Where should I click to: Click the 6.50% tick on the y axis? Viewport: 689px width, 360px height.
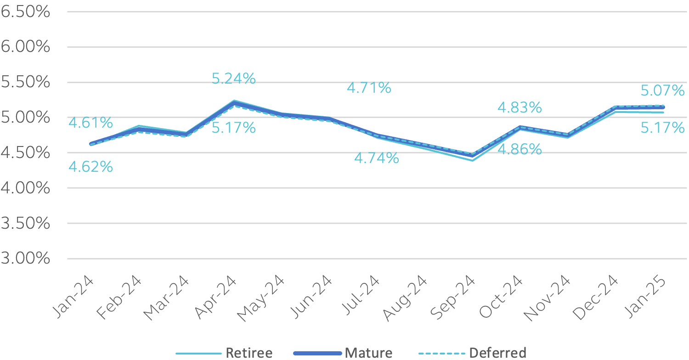click(x=25, y=12)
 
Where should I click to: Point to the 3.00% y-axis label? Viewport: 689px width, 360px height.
click(x=25, y=259)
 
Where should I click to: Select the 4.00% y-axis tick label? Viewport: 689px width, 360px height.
click(x=25, y=188)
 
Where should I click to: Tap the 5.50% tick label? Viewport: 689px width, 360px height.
click(x=25, y=83)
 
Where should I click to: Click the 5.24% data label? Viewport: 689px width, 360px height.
click(x=233, y=79)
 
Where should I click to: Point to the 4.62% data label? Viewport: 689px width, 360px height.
click(x=90, y=167)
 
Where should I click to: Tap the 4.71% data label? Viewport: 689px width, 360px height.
click(x=369, y=87)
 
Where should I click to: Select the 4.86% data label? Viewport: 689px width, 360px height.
click(x=520, y=149)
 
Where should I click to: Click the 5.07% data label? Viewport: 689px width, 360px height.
click(x=662, y=91)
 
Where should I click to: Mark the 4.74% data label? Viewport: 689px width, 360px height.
click(x=376, y=158)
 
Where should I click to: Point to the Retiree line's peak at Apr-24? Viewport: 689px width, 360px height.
click(x=234, y=101)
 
